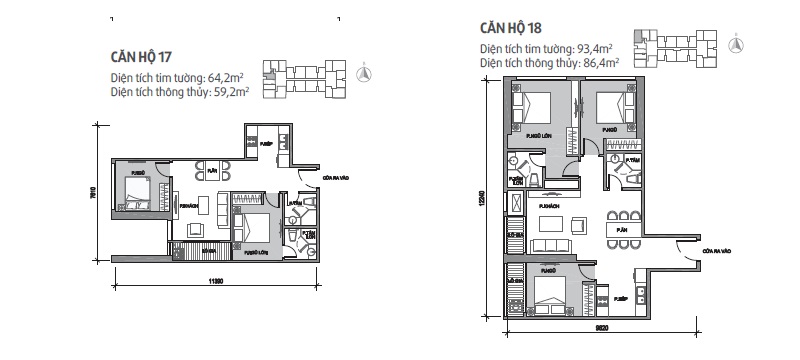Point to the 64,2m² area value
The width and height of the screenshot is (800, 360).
228,77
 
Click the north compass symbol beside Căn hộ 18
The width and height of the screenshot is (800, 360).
736,41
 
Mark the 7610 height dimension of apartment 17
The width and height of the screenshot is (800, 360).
93,200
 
